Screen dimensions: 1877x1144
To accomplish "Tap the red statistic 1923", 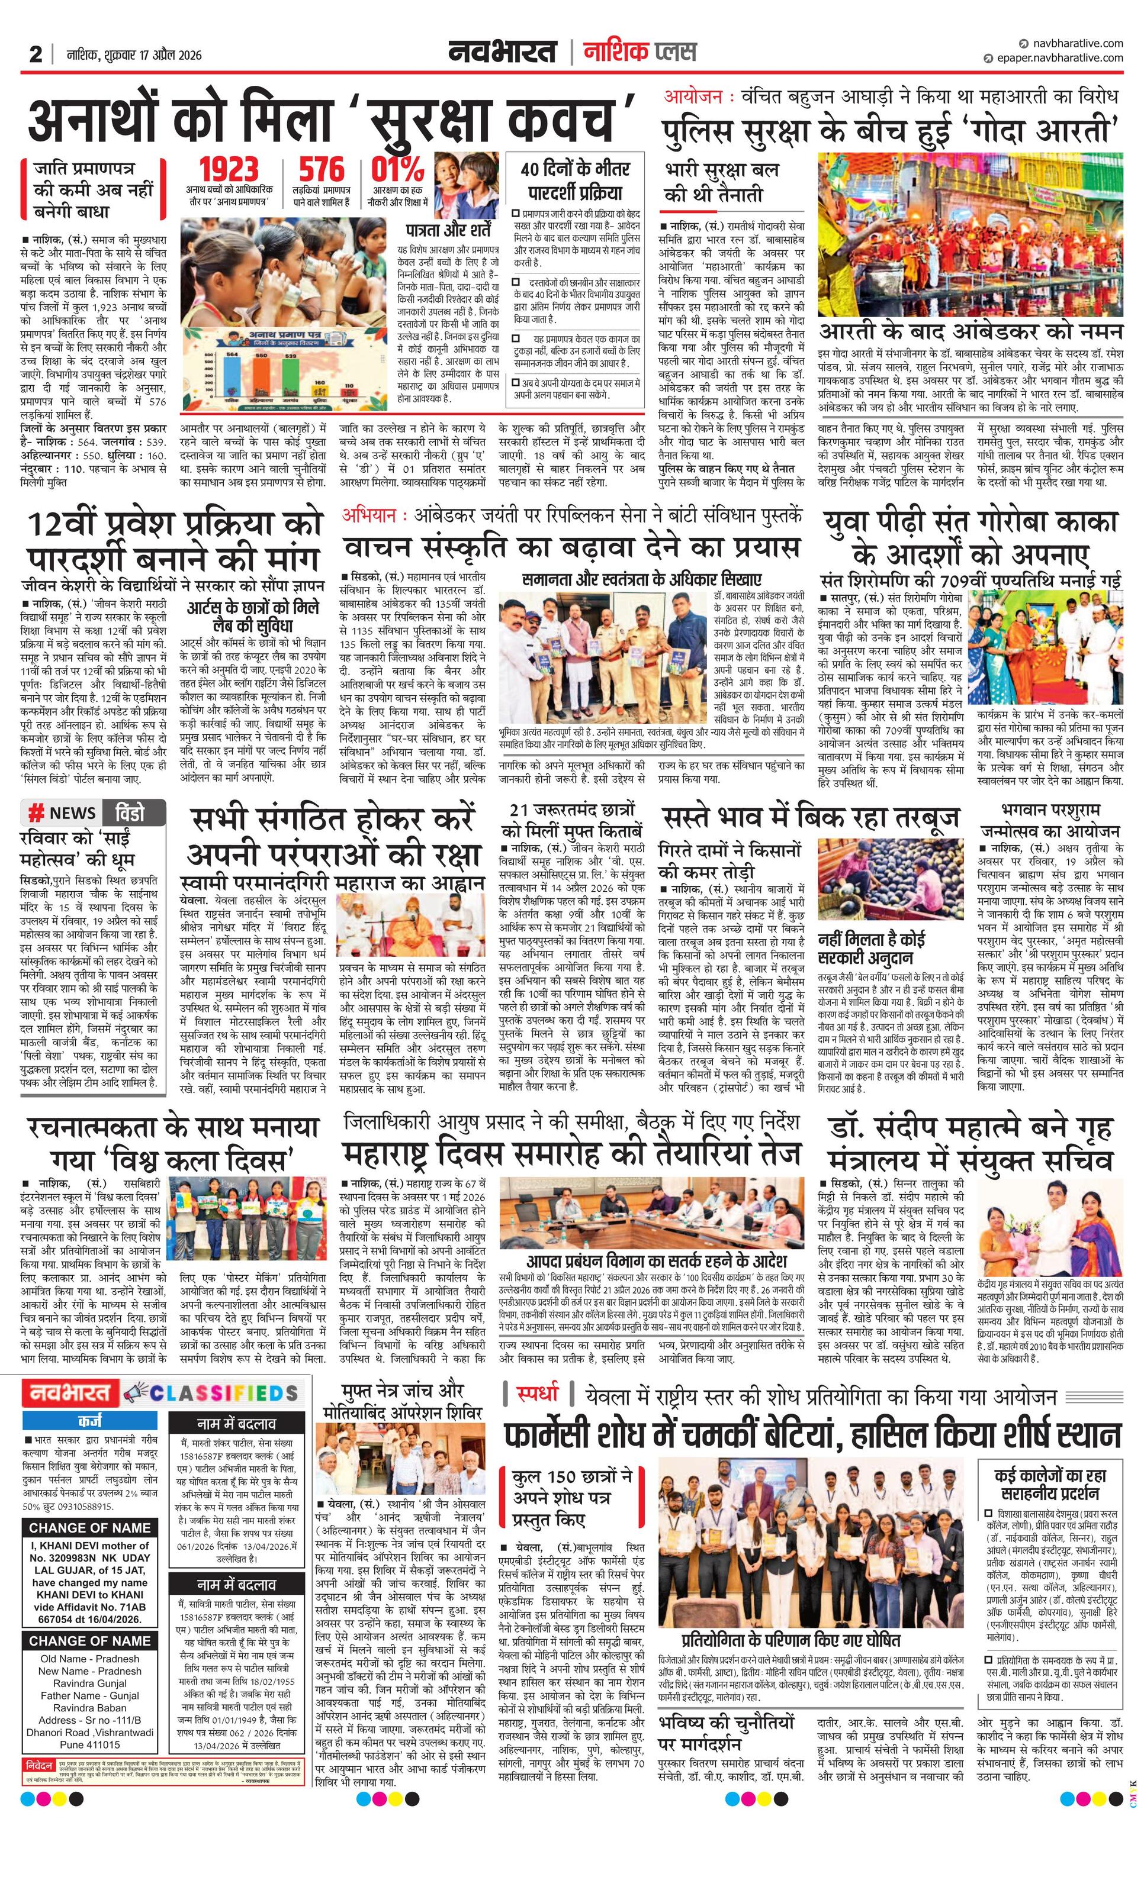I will coord(229,170).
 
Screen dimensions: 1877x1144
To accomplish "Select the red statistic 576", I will coord(321,170).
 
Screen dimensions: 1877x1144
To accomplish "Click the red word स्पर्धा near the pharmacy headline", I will coord(538,1395).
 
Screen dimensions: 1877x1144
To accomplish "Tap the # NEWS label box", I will coord(63,813).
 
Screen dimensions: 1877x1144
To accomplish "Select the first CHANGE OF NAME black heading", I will coord(90,1527).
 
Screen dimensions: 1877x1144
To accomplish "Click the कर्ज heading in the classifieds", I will coord(90,1421).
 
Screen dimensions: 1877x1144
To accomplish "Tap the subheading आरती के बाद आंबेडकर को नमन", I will coord(971,331).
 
